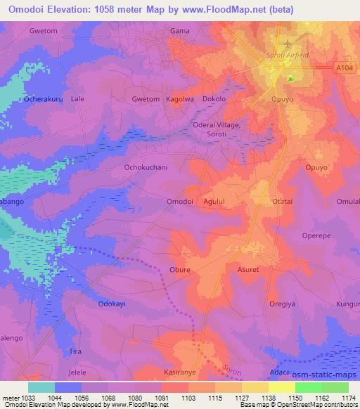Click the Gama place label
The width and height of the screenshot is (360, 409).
pyautogui.click(x=181, y=31)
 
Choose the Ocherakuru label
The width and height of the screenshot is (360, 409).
pyautogui.click(x=44, y=99)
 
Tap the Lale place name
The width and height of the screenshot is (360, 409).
pyautogui.click(x=77, y=99)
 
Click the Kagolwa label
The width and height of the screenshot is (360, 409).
pyautogui.click(x=179, y=99)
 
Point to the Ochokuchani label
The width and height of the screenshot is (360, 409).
pyautogui.click(x=146, y=168)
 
